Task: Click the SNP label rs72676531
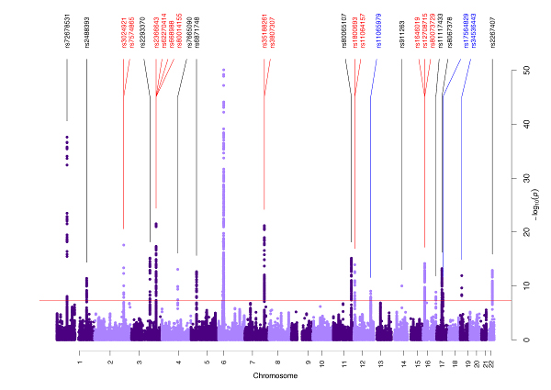tap(67, 30)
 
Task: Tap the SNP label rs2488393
tap(86, 30)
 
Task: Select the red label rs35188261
tap(264, 30)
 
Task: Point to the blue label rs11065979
tap(379, 32)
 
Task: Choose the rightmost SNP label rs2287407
tap(492, 32)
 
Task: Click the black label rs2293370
tap(142, 32)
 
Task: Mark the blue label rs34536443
tap(475, 30)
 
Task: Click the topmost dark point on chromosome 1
tap(67, 137)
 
